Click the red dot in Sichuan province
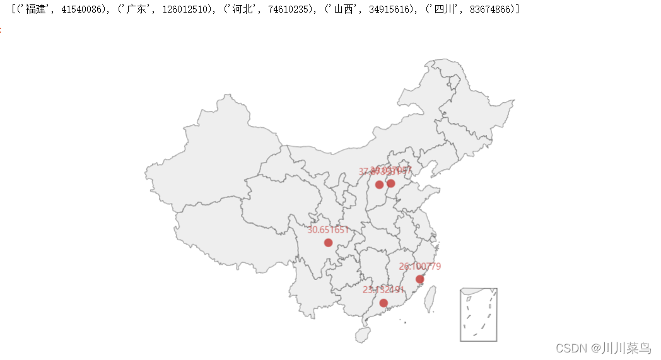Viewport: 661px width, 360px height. (x=328, y=243)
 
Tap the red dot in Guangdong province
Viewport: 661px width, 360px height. (x=383, y=303)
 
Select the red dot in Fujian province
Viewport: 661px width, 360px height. (x=419, y=279)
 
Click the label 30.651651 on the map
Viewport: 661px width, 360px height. (x=328, y=230)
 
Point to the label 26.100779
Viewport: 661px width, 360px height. (x=420, y=267)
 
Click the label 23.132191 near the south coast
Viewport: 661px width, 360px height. (x=383, y=290)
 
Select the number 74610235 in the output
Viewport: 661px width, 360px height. (x=284, y=10)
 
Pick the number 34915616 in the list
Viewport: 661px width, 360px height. (x=385, y=10)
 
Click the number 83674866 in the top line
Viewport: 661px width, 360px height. (x=486, y=10)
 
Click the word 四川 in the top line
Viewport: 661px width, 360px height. (x=441, y=10)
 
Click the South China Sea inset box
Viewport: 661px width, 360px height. (x=479, y=315)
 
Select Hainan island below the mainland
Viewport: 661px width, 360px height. (x=362, y=335)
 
